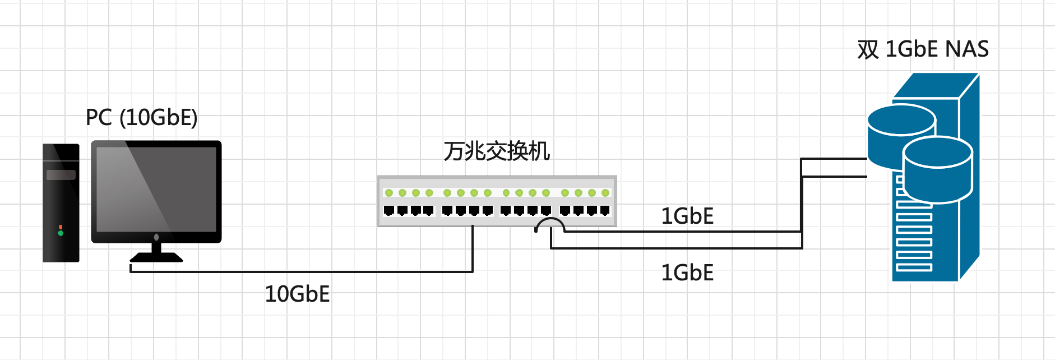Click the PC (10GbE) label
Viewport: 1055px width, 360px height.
coord(141,118)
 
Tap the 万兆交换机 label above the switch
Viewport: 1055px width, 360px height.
coord(497,151)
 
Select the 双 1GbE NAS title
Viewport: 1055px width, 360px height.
coord(923,49)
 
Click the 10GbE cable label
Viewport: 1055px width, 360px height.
coord(297,294)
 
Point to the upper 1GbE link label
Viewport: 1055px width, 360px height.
coord(687,216)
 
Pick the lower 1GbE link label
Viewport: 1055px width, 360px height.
coord(687,273)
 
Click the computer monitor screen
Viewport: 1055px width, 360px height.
coord(156,190)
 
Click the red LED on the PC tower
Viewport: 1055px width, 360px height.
coord(61,227)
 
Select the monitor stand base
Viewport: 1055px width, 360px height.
coord(156,257)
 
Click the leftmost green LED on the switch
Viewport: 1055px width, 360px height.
coord(389,193)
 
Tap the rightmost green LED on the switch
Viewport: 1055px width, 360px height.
coord(605,193)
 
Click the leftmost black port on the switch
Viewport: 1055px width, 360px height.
coord(389,211)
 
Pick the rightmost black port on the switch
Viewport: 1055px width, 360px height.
coord(605,211)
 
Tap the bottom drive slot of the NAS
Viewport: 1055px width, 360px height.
coord(914,267)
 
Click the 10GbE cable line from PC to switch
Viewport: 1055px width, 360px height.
coord(303,272)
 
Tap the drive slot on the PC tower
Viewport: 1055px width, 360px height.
coord(61,175)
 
